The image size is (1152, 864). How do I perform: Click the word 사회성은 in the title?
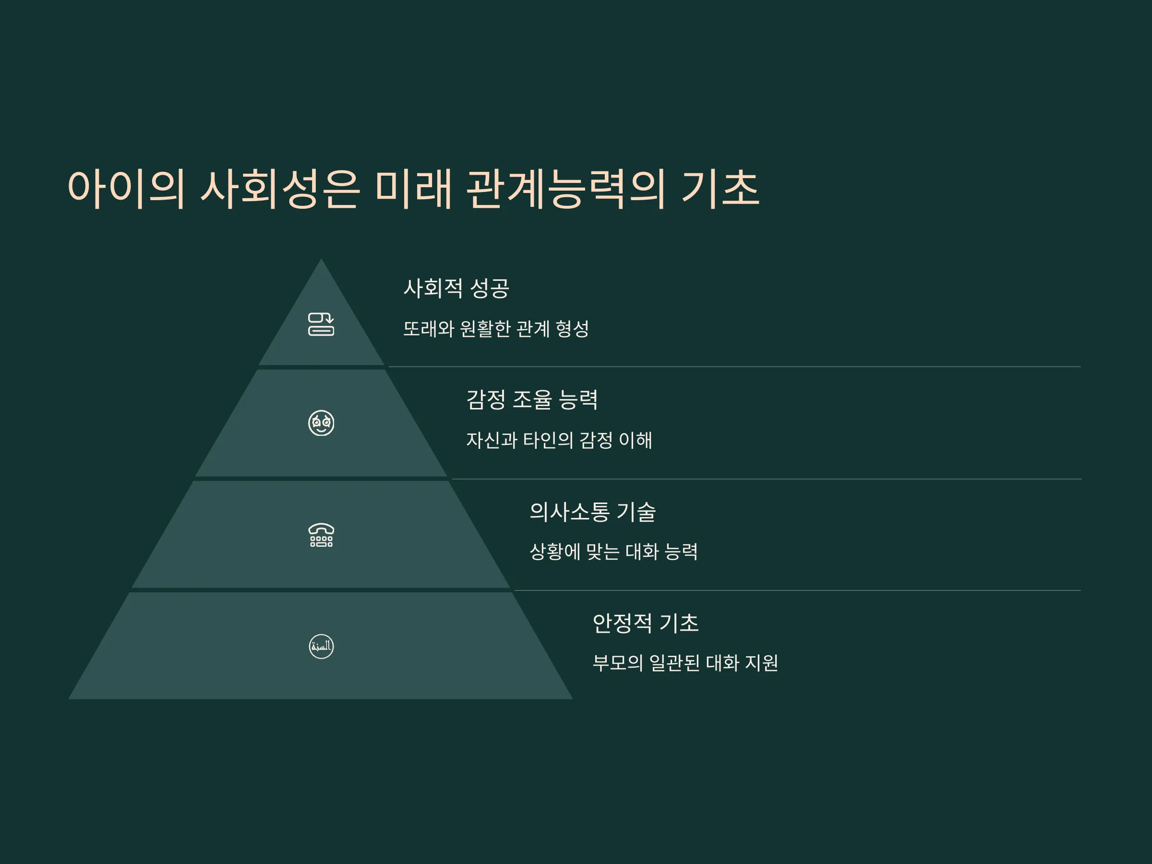pyautogui.click(x=280, y=189)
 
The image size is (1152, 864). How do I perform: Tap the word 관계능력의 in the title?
pyautogui.click(x=565, y=189)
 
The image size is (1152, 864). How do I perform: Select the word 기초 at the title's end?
pyautogui.click(x=720, y=189)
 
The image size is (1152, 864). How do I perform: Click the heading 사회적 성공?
pyautogui.click(x=456, y=288)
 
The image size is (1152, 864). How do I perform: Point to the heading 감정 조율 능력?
pyautogui.click(x=532, y=399)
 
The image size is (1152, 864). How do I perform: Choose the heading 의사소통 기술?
pyautogui.click(x=593, y=511)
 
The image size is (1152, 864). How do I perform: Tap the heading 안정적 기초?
pyautogui.click(x=646, y=623)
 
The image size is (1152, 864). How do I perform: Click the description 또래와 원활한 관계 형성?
pyautogui.click(x=496, y=329)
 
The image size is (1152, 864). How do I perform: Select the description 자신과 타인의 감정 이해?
pyautogui.click(x=559, y=440)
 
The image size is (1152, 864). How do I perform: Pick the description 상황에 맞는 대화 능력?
pyautogui.click(x=613, y=552)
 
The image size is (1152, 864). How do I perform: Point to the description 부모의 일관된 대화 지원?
pyautogui.click(x=685, y=663)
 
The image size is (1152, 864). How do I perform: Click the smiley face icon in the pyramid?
pyautogui.click(x=321, y=423)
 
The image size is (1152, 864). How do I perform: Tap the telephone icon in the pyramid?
pyautogui.click(x=321, y=535)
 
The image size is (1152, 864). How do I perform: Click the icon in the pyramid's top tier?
pyautogui.click(x=321, y=324)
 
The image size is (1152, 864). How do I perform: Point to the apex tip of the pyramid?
pyautogui.click(x=321, y=259)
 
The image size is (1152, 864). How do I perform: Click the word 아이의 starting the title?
pyautogui.click(x=126, y=189)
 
